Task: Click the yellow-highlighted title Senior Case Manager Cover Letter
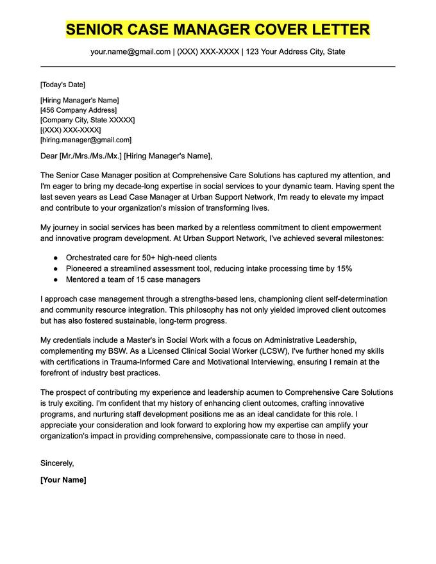(218, 29)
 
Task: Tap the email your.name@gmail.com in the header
(130, 51)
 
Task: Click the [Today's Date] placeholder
(62, 85)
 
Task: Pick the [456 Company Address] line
(74, 110)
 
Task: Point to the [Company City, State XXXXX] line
(87, 120)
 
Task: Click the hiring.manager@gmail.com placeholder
(86, 140)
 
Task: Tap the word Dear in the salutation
(49, 156)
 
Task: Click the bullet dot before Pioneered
(56, 269)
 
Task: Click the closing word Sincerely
(57, 463)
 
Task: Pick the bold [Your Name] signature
(63, 479)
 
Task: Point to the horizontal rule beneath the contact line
(218, 66)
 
